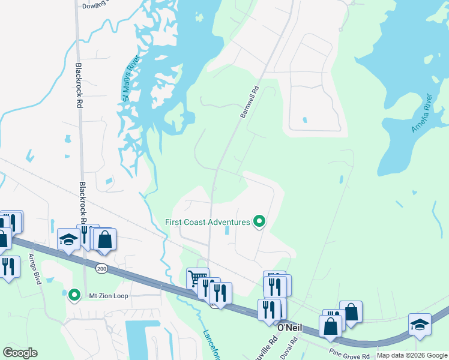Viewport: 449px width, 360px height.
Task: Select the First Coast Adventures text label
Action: point(208,222)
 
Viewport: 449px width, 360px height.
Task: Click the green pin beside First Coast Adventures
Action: point(259,222)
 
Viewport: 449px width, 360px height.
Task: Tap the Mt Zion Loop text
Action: point(106,295)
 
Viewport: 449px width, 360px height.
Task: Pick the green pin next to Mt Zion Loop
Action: point(74,295)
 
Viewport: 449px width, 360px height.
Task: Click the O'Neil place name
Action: point(290,326)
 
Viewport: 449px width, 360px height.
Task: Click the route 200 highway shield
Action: point(101,269)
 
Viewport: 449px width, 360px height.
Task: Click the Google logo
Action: point(20,352)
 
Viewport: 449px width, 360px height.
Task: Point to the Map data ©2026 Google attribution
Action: point(412,355)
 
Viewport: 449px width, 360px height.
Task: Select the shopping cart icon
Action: point(197,278)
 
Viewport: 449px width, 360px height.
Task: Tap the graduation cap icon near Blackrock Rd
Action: point(68,240)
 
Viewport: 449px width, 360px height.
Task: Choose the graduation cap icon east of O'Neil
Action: point(419,324)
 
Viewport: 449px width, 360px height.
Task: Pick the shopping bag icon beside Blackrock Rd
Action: point(104,239)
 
